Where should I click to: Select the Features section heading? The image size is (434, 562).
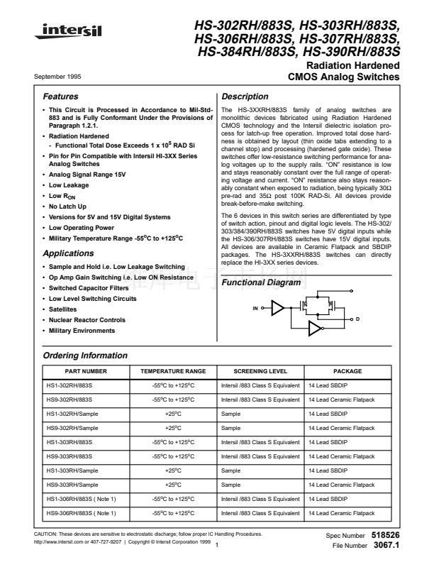pos(60,97)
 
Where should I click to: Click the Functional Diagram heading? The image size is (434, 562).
pos(260,283)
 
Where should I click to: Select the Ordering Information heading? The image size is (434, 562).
pos(85,355)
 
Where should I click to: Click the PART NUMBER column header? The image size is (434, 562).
pos(87,370)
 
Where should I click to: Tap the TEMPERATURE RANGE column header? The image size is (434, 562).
pos(173,370)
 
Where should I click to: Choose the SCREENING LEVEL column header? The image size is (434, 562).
pos(260,370)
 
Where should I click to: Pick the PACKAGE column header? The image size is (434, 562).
pos(347,370)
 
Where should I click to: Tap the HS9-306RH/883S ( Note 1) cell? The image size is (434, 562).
pos(80,512)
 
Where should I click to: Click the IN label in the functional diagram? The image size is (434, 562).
pos(255,309)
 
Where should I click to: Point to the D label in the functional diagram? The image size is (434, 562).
pos(358,321)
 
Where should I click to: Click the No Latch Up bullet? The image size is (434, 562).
pos(68,205)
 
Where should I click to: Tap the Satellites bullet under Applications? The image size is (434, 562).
pos(62,309)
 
